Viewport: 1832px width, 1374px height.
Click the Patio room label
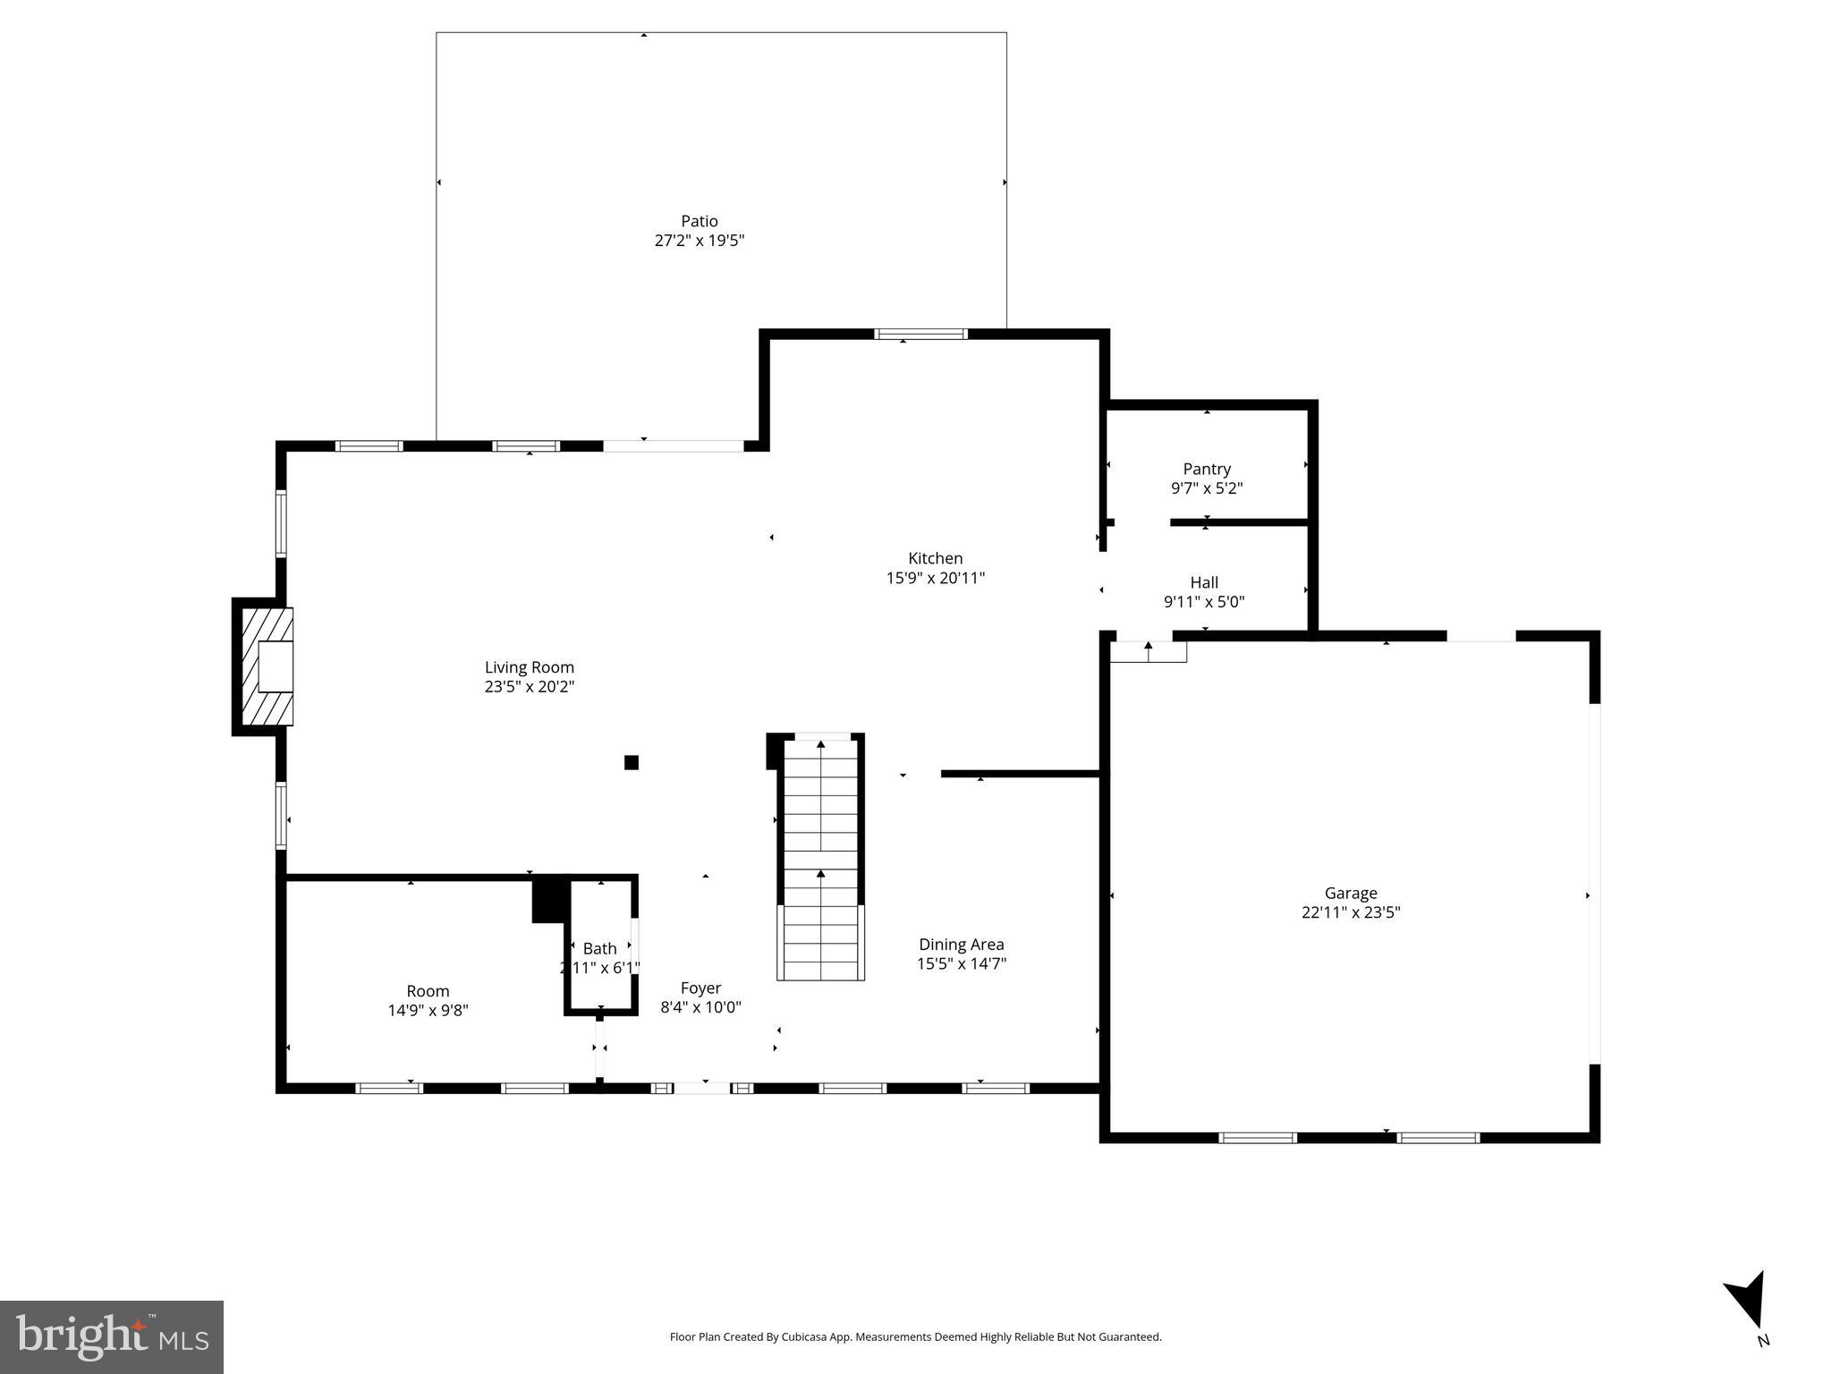click(x=699, y=221)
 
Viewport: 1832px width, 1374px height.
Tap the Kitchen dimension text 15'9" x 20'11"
click(x=935, y=578)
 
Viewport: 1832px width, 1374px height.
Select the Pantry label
click(x=1206, y=469)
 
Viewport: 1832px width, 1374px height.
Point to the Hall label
click(x=1203, y=582)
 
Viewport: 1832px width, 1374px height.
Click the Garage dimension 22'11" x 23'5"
click(x=1350, y=912)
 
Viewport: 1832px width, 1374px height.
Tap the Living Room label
click(x=529, y=667)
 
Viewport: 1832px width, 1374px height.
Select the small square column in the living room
click(x=631, y=762)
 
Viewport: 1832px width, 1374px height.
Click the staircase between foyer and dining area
click(x=820, y=859)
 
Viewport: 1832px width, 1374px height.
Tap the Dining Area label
click(x=961, y=945)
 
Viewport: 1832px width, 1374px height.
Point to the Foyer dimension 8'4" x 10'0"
click(x=700, y=1007)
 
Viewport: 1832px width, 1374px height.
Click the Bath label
click(x=599, y=948)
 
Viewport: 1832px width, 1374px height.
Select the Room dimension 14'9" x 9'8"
click(x=428, y=1011)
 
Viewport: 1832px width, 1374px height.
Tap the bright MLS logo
click(x=112, y=1336)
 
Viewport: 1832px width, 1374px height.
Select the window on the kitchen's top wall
click(x=920, y=335)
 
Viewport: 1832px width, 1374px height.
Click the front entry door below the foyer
click(x=701, y=1088)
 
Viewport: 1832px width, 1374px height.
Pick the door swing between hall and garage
click(x=1149, y=651)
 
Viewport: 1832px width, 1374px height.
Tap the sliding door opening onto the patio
click(x=673, y=445)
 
